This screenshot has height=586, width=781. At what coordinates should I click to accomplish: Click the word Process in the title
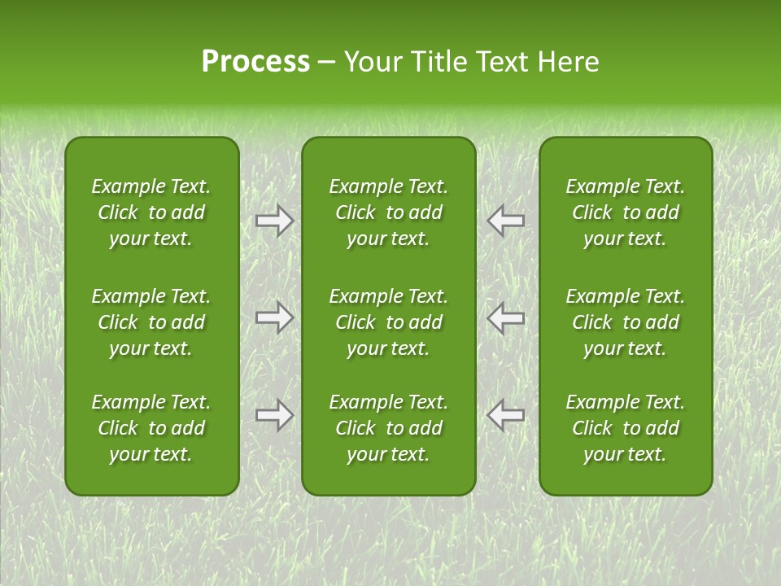255,62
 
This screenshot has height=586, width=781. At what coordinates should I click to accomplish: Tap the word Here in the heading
567,62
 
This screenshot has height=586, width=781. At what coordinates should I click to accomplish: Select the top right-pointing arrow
274,221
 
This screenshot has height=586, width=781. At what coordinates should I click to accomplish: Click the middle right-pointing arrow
274,317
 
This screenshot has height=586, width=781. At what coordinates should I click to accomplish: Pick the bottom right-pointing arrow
274,415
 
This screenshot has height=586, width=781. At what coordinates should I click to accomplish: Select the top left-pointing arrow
505,221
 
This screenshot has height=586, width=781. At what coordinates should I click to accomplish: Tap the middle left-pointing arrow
505,317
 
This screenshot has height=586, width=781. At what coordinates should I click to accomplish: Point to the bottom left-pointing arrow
505,415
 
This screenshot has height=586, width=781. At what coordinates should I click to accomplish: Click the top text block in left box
151,212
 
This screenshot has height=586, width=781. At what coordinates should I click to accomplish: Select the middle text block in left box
151,322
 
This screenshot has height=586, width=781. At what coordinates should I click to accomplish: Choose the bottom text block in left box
151,428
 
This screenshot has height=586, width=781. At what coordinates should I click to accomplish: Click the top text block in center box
388,212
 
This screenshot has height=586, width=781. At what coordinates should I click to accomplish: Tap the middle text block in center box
388,322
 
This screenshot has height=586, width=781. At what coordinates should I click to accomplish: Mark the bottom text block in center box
388,428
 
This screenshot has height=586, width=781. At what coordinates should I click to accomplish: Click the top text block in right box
625,212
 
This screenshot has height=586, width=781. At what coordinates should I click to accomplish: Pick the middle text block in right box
625,322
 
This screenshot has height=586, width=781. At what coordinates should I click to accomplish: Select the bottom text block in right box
625,428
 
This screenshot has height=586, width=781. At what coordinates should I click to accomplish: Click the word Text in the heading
500,62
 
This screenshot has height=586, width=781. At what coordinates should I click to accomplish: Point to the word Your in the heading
370,62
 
